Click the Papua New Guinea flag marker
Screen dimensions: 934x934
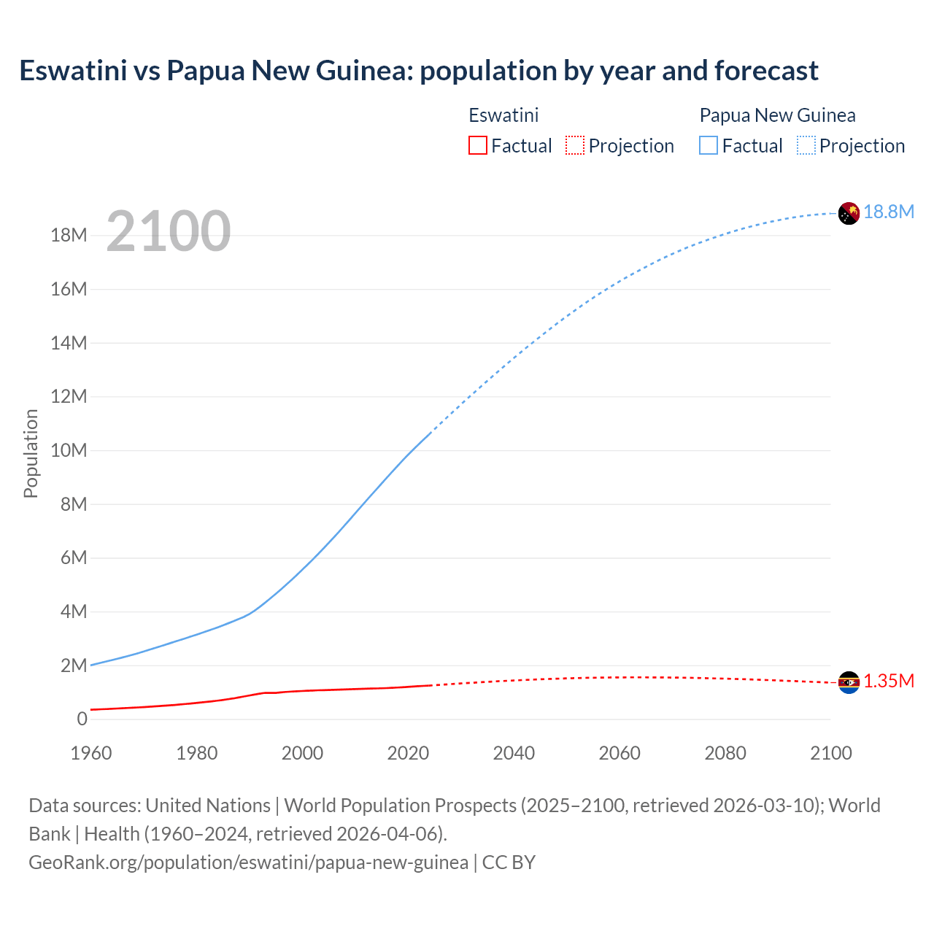pos(849,213)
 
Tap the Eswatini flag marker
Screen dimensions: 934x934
pos(849,682)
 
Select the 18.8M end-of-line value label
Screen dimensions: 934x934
pos(889,212)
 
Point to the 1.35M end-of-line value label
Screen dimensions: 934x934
pos(889,681)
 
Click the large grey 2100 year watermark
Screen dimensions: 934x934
pos(169,231)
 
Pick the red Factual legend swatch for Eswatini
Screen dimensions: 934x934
pos(477,145)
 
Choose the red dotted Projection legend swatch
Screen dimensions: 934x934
pos(575,145)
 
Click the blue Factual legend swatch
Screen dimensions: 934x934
pos(708,145)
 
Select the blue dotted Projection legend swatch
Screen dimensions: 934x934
pos(806,145)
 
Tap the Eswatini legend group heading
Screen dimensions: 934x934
pos(503,115)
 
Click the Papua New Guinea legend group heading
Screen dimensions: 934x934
pos(777,115)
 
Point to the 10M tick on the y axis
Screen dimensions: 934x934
pos(69,450)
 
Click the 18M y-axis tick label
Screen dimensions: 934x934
pos(69,235)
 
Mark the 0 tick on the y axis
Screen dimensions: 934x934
pos(82,719)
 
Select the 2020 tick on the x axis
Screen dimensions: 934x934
pos(408,753)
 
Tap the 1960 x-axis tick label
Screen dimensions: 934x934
pos(91,753)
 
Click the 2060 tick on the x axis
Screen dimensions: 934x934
pos(620,753)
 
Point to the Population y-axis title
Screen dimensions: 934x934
pos(31,453)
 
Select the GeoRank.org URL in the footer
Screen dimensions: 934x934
pos(248,862)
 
